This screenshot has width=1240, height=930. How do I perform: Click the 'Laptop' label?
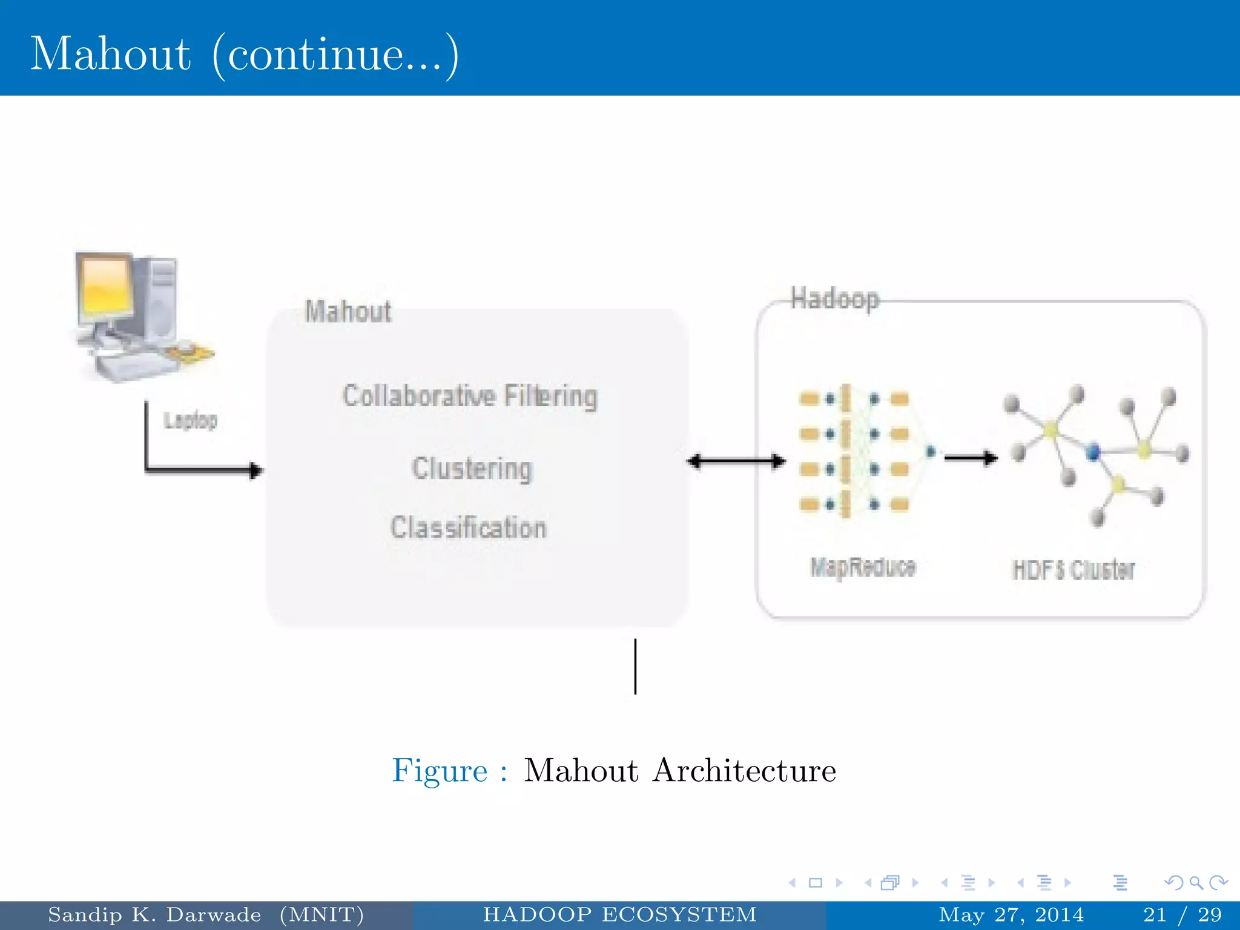190,420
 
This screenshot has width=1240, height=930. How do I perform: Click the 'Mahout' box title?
348,312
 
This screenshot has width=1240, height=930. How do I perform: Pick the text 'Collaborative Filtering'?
470,396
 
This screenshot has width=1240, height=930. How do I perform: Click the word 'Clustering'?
472,469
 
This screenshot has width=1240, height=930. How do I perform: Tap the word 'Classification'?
469,527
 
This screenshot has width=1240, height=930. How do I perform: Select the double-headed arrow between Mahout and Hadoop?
736,461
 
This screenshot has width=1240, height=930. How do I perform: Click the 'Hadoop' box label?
834,299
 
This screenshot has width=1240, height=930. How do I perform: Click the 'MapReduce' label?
863,567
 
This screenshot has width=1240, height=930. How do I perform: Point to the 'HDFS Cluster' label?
1073,570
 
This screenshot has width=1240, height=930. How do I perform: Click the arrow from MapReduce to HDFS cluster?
971,458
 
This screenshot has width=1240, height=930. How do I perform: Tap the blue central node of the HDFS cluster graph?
1093,452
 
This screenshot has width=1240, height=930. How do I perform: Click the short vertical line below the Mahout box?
635,666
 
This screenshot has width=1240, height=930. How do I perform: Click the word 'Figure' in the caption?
440,771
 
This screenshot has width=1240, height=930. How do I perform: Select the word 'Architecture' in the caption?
744,771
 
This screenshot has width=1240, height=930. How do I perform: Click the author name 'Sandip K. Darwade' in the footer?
154,915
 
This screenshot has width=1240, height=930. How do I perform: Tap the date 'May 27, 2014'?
1011,915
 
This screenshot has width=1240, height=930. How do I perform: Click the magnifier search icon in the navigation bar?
1196,883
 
